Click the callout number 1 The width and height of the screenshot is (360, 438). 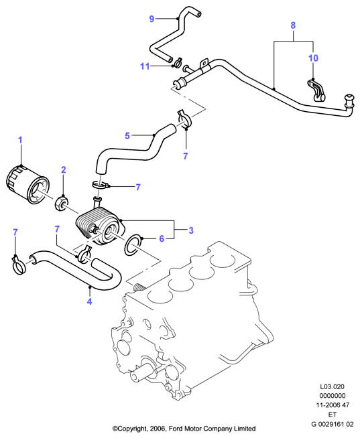20,140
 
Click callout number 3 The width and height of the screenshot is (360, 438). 191,230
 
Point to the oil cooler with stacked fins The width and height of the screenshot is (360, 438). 100,225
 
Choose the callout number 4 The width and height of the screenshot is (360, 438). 89,301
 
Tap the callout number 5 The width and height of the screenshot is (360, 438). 127,136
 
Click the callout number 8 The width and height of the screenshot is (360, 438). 293,25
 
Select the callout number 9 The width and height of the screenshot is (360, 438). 152,19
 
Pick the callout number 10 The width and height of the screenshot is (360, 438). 313,58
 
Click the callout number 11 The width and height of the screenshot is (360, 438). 145,66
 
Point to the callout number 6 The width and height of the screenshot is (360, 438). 162,239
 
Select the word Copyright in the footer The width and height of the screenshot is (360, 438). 131,429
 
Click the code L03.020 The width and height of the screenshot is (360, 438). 333,387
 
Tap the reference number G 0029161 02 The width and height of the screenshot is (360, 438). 333,425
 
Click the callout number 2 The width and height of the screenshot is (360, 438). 64,169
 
